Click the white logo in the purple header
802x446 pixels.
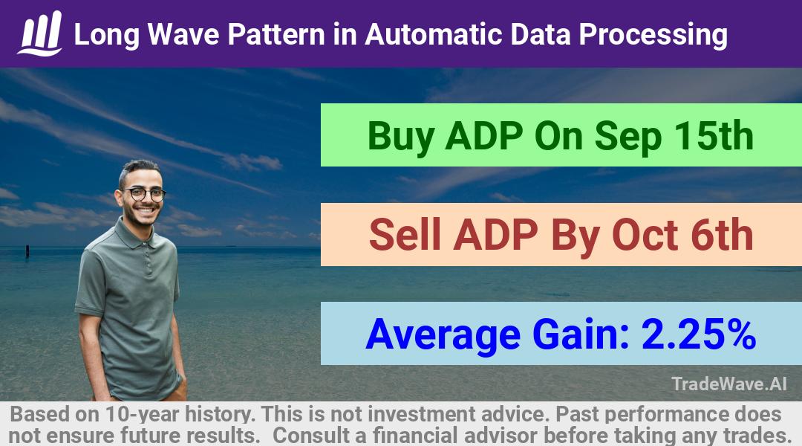[x=40, y=33]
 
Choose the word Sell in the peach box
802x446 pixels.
[x=405, y=234]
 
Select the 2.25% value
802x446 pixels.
[x=699, y=334]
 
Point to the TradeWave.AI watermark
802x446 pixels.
[x=729, y=384]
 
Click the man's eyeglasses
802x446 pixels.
[x=144, y=194]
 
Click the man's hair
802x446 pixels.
[x=137, y=169]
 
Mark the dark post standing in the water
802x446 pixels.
[x=27, y=251]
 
